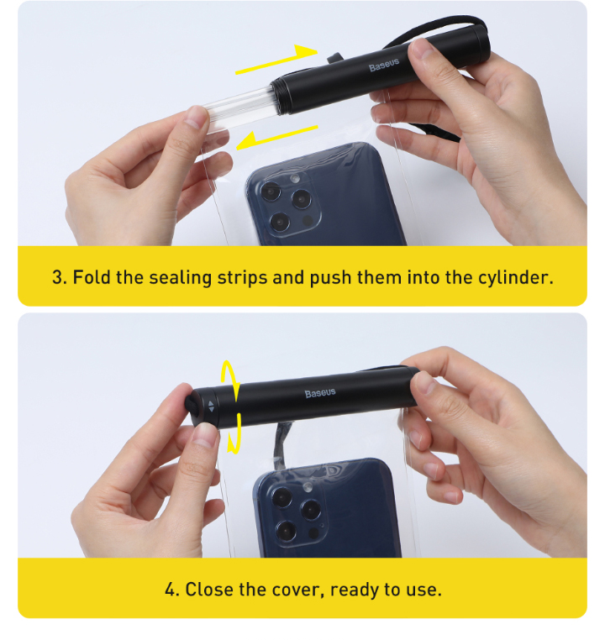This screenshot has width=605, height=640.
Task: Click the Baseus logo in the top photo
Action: click(x=384, y=66)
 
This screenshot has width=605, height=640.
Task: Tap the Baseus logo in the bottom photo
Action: click(x=320, y=393)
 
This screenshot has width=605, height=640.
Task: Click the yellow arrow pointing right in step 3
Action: click(x=276, y=59)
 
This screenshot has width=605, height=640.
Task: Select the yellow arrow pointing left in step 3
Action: click(x=277, y=138)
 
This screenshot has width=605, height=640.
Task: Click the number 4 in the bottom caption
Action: click(x=171, y=590)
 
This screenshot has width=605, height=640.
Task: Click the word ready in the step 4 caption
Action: click(x=355, y=590)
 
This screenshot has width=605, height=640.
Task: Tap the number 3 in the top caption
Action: click(x=57, y=277)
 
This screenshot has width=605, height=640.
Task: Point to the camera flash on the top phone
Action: click(x=294, y=178)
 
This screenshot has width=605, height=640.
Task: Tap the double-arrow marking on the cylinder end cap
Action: click(x=211, y=407)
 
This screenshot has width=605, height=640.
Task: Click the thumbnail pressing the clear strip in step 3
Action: click(x=195, y=117)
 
